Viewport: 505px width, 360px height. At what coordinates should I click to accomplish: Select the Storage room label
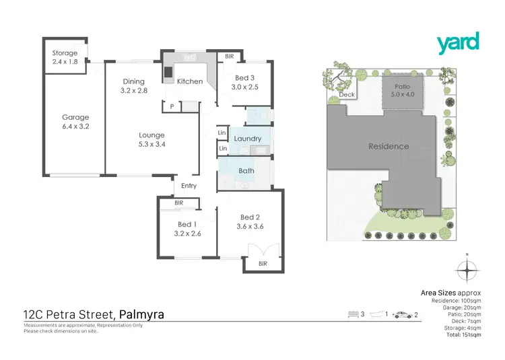click(65, 53)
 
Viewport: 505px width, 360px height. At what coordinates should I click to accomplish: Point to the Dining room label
click(133, 81)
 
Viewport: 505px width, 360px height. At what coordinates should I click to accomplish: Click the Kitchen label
click(190, 81)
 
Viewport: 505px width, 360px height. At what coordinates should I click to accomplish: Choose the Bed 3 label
click(244, 77)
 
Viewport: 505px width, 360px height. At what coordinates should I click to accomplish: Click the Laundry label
click(248, 139)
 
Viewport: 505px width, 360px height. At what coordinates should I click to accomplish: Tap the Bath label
click(246, 170)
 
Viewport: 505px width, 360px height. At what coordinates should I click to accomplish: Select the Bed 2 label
click(250, 217)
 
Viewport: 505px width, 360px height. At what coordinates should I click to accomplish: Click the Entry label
click(189, 186)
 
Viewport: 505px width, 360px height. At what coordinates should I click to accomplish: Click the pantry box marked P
click(172, 106)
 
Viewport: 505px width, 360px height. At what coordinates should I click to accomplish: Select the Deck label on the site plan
click(347, 95)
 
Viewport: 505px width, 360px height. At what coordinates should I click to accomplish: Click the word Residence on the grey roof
click(389, 146)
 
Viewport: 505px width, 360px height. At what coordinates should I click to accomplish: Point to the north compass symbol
click(466, 270)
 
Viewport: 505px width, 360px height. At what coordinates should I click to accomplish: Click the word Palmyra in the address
click(141, 314)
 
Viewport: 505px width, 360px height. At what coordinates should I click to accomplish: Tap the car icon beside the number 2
click(403, 314)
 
